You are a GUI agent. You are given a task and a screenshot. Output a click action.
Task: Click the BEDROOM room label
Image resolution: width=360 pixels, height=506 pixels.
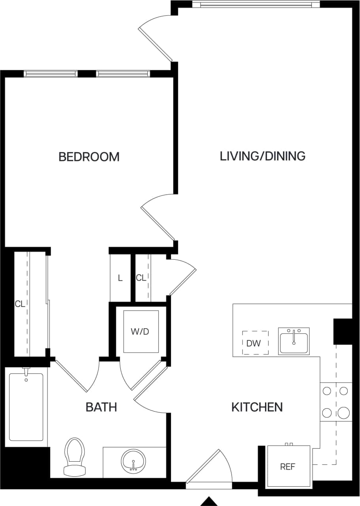89,157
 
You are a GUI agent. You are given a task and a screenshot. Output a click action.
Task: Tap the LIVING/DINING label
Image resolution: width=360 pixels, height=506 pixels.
262,156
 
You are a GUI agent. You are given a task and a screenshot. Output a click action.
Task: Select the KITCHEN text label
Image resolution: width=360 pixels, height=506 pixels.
257,407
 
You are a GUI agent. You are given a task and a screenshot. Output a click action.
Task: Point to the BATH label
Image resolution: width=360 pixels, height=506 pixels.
101,407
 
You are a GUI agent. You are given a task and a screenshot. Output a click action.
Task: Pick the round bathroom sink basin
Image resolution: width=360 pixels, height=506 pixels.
133,461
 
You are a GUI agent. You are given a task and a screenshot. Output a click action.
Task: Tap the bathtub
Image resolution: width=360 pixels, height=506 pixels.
26,407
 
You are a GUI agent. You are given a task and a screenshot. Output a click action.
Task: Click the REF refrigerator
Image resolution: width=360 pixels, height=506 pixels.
288,466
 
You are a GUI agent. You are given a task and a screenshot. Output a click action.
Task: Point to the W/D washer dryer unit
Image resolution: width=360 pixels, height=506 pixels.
140,331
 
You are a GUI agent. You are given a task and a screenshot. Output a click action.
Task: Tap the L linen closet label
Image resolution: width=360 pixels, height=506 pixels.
120,278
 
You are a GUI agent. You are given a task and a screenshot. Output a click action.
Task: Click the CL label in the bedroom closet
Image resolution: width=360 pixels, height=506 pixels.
20,304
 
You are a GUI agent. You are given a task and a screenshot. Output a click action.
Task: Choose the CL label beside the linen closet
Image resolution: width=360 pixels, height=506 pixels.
141,278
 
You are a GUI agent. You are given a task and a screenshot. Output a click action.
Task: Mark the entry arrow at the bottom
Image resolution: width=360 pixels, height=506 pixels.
209,501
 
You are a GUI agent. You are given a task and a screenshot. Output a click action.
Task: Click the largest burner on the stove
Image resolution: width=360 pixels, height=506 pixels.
343,413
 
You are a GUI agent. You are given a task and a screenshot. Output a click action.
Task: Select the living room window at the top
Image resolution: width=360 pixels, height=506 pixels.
256,4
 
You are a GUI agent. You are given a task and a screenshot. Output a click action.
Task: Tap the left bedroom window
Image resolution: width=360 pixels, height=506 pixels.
51,74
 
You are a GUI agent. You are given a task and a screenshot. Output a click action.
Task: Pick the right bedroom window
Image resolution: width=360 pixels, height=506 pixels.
123,74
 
